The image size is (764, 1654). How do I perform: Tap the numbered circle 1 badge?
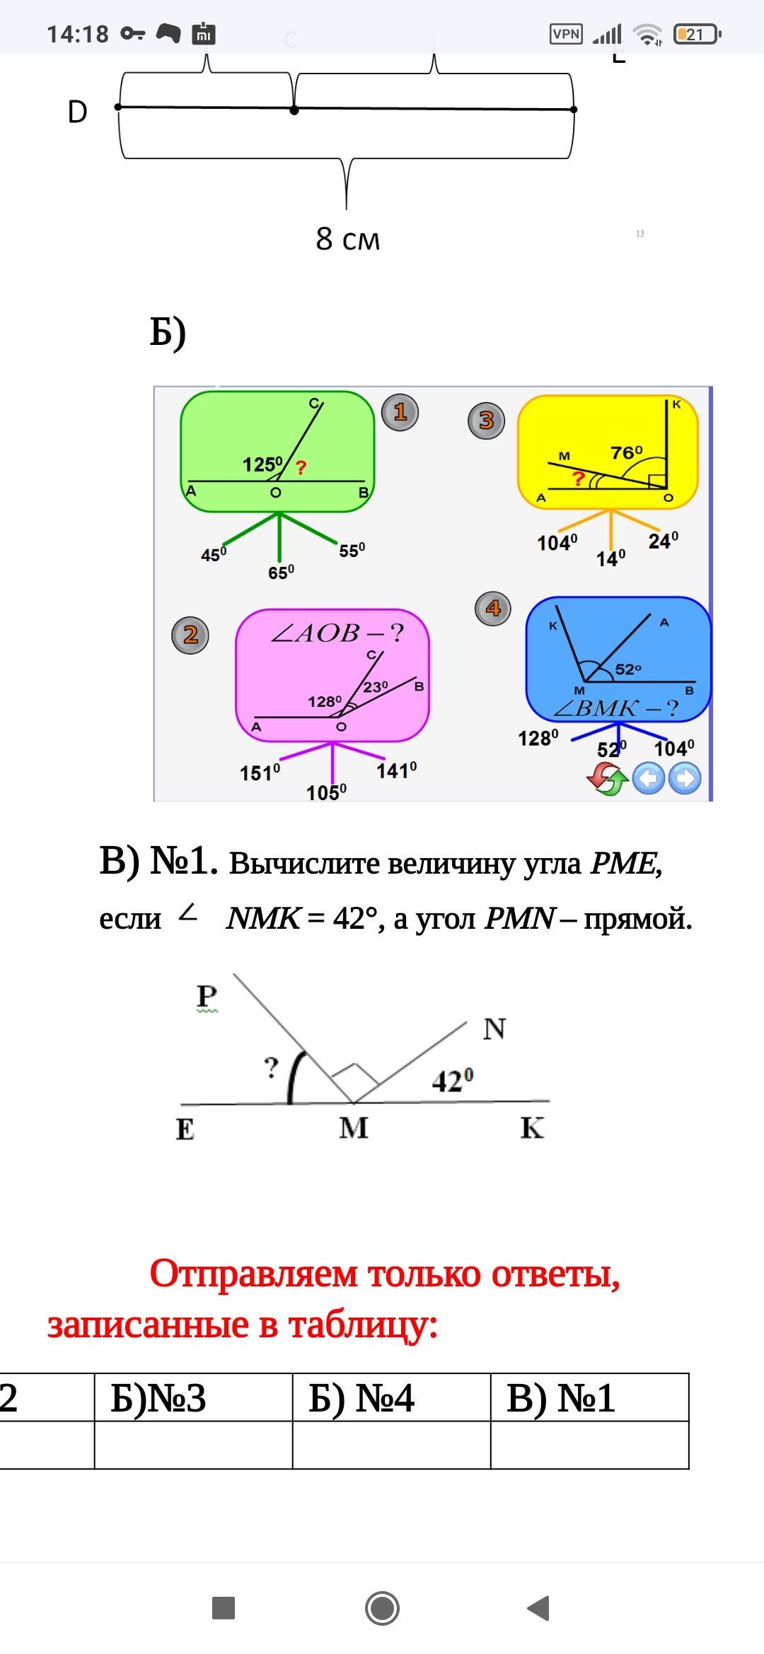tap(400, 412)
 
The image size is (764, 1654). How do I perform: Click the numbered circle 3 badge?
tap(486, 421)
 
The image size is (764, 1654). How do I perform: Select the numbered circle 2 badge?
tap(190, 635)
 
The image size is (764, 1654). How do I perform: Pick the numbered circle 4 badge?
tap(493, 608)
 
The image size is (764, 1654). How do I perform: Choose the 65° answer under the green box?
tap(281, 573)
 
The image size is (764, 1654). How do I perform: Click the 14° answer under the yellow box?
tap(610, 559)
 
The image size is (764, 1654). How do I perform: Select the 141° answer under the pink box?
tap(396, 770)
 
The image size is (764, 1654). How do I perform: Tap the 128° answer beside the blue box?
tap(538, 739)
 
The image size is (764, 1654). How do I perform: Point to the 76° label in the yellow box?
tap(627, 452)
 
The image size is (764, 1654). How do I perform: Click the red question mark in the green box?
tap(301, 467)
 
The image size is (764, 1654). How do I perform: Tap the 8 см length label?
tap(347, 239)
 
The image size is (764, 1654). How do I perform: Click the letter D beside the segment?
tap(77, 112)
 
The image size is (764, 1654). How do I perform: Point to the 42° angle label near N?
tap(453, 1081)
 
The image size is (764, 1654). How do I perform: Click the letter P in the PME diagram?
tap(207, 996)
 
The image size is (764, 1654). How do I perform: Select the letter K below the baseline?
tap(532, 1128)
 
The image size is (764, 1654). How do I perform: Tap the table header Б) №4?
tap(361, 1398)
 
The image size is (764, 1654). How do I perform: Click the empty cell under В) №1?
tap(590, 1445)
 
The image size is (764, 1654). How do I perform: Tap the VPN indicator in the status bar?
tap(566, 34)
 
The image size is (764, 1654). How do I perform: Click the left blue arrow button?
tap(648, 779)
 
